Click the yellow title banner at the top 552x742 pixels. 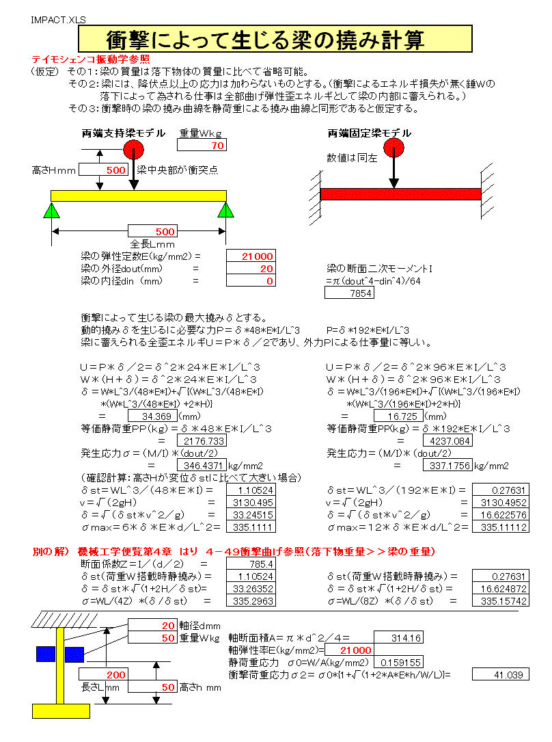tap(275, 38)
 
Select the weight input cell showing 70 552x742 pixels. tap(202, 146)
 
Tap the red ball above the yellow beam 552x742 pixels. tap(133, 150)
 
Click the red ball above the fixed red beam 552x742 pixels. tap(394, 148)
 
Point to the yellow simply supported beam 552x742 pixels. tap(139, 196)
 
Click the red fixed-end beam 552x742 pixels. tap(400, 194)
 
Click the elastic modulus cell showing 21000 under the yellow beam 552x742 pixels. tap(251, 256)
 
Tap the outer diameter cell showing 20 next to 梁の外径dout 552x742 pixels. tap(251, 269)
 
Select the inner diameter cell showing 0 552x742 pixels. tap(251, 281)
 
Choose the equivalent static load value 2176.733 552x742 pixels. tap(201, 441)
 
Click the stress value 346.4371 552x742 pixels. tap(201, 466)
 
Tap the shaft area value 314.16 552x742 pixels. tap(397, 638)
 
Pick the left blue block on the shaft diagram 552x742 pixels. tap(45, 654)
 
